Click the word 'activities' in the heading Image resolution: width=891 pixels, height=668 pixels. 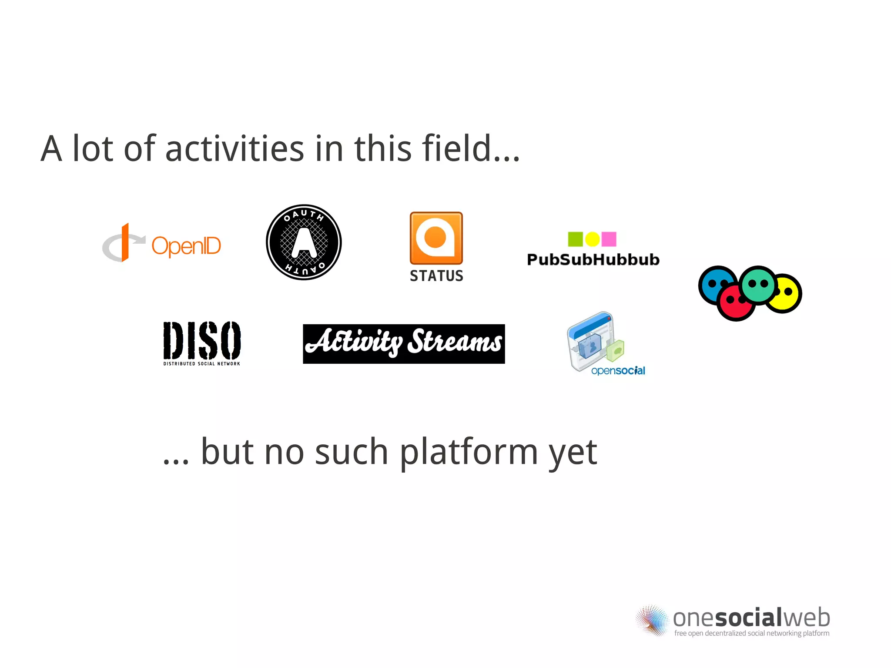pyautogui.click(x=234, y=149)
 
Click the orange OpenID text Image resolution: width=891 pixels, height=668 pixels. pyautogui.click(x=186, y=246)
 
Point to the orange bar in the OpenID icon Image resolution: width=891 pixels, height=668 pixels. pyautogui.click(x=125, y=242)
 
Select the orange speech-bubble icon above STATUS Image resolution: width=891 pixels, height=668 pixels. pyautogui.click(x=436, y=238)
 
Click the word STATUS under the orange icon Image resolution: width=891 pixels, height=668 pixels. pyautogui.click(x=436, y=276)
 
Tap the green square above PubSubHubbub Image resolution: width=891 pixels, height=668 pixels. pyautogui.click(x=575, y=239)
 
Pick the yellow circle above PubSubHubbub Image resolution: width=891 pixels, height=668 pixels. pyautogui.click(x=592, y=239)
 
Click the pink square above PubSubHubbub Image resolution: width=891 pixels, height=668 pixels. pyautogui.click(x=609, y=239)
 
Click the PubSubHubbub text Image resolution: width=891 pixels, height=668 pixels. pyautogui.click(x=593, y=259)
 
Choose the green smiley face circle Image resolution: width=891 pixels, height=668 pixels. pyautogui.click(x=758, y=285)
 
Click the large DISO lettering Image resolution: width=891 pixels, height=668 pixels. pyautogui.click(x=202, y=340)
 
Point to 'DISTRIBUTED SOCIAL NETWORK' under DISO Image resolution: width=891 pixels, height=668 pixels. pyautogui.click(x=202, y=363)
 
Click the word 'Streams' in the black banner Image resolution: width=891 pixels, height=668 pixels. pyautogui.click(x=455, y=342)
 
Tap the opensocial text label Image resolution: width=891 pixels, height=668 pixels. pyautogui.click(x=618, y=371)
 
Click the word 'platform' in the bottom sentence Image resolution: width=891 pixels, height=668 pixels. pyautogui.click(x=469, y=453)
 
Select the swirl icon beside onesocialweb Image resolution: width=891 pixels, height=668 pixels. pyautogui.click(x=651, y=621)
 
